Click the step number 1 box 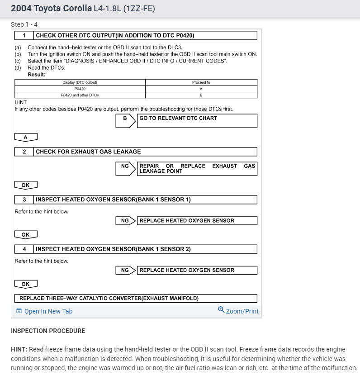coord(24,35)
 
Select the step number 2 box coord(24,152)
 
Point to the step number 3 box coord(24,200)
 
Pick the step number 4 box coord(24,249)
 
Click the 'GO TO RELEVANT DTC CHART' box coord(197,120)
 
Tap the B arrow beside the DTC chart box coord(126,120)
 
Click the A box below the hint coord(26,137)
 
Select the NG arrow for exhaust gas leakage coord(126,168)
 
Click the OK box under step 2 coord(26,185)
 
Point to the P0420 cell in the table coord(80,89)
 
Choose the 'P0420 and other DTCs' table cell coord(80,95)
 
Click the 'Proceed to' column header coord(201,82)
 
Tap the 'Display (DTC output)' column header coord(80,82)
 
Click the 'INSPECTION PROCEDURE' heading coord(48,331)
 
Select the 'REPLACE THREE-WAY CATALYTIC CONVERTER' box coord(136,299)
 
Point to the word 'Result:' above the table coord(37,74)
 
